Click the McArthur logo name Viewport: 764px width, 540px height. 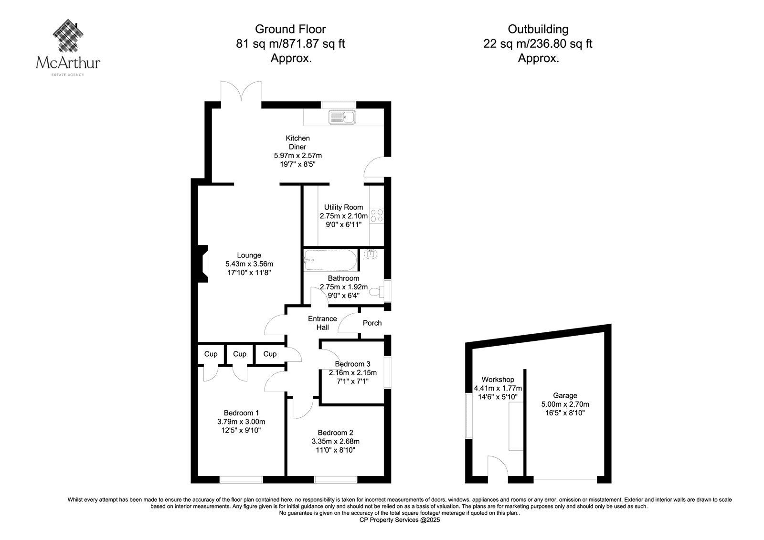68,63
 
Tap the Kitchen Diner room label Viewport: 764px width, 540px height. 298,142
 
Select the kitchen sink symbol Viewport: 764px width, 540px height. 342,117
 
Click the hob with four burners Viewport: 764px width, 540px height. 377,216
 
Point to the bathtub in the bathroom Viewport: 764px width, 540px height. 330,260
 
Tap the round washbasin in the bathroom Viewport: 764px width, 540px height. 371,254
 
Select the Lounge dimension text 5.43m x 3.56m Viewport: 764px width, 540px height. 249,264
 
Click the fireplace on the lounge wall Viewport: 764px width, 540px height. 203,264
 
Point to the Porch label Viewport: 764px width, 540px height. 372,323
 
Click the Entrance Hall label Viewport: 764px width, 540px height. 322,323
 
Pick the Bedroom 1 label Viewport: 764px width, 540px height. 241,413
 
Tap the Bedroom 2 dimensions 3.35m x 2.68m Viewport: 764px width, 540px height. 335,441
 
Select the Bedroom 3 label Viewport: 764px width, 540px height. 353,364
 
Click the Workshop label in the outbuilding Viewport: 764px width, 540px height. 498,379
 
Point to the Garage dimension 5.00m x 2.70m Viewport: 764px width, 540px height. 565,404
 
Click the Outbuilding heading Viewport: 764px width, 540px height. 538,29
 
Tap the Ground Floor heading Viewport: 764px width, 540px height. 291,29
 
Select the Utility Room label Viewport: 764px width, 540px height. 343,207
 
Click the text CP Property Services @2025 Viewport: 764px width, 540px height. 400,520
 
